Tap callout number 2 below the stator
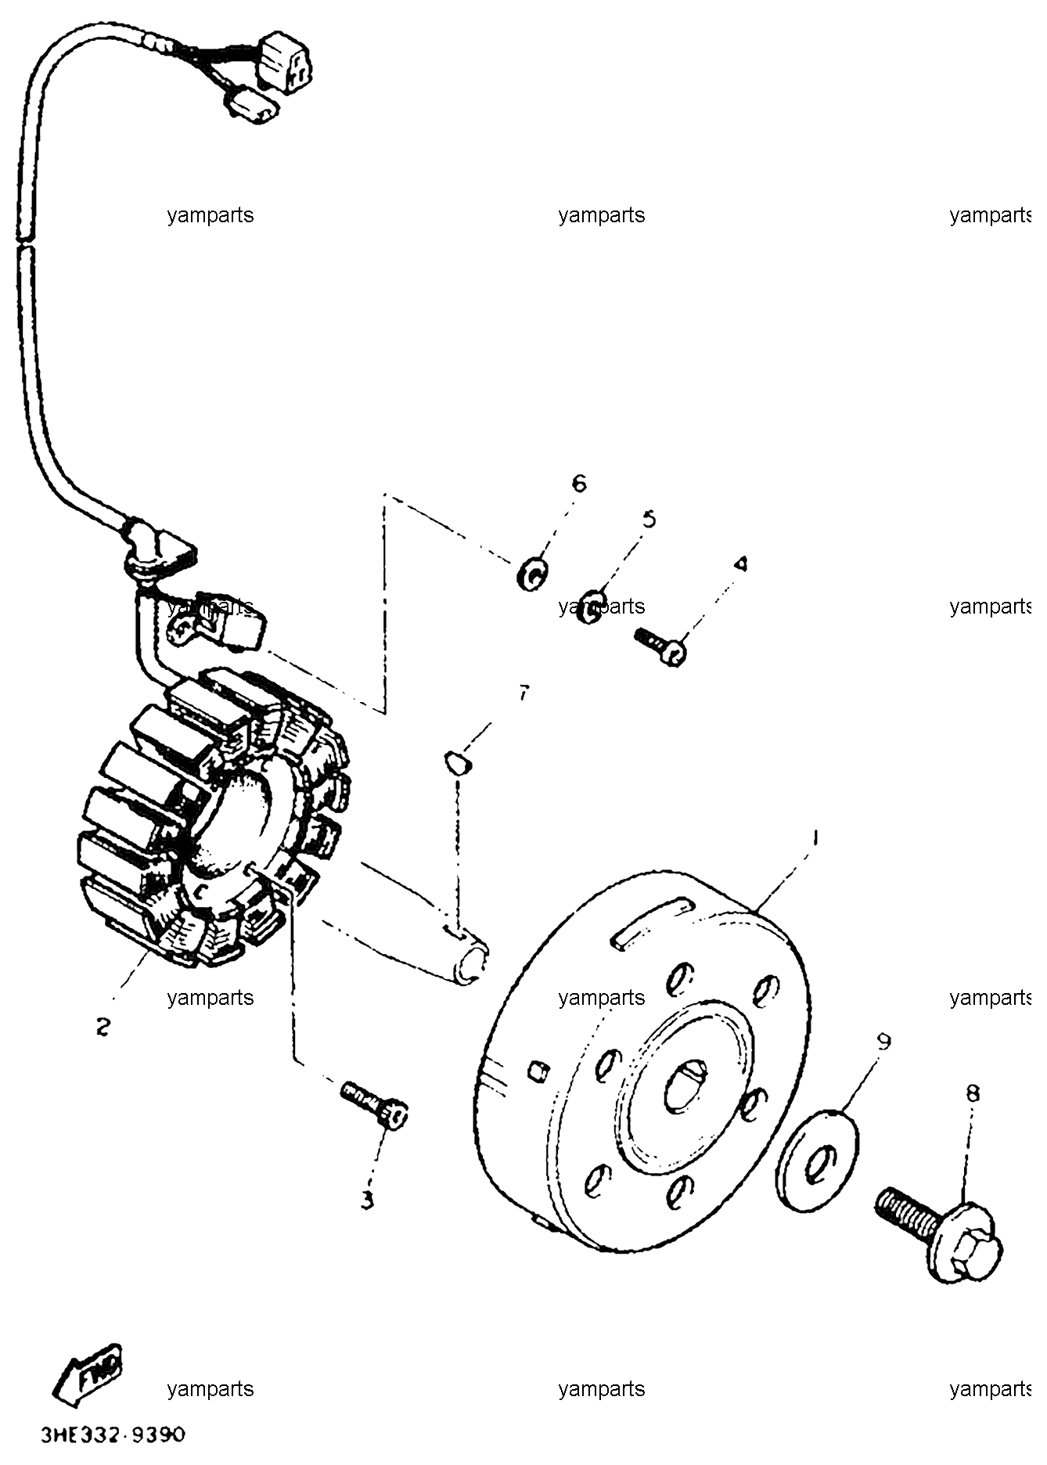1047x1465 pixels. coord(103,1026)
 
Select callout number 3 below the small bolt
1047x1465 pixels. coord(368,1200)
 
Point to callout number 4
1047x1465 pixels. coord(740,563)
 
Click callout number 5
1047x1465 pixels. coord(649,520)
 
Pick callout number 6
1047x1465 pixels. coord(578,484)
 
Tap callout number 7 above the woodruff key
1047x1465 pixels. coord(523,693)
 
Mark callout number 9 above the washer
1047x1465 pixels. coord(884,1042)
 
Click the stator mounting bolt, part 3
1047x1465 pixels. coord(375,1104)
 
